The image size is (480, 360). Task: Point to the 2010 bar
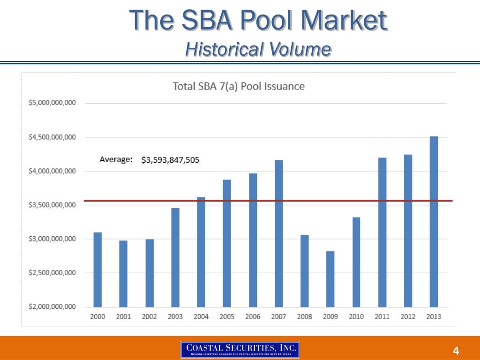click(x=356, y=262)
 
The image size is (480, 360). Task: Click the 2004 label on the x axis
click(x=201, y=316)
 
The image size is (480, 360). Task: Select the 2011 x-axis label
click(x=382, y=316)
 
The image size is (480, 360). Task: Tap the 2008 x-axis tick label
click(x=304, y=316)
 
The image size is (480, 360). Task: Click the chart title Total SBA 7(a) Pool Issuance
click(x=239, y=86)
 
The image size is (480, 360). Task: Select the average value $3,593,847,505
click(x=170, y=160)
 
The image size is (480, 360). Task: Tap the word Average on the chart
click(x=116, y=159)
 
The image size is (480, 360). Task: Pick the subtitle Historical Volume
click(x=258, y=49)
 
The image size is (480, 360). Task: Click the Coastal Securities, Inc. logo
click(x=240, y=350)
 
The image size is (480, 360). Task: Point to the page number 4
click(x=455, y=351)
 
